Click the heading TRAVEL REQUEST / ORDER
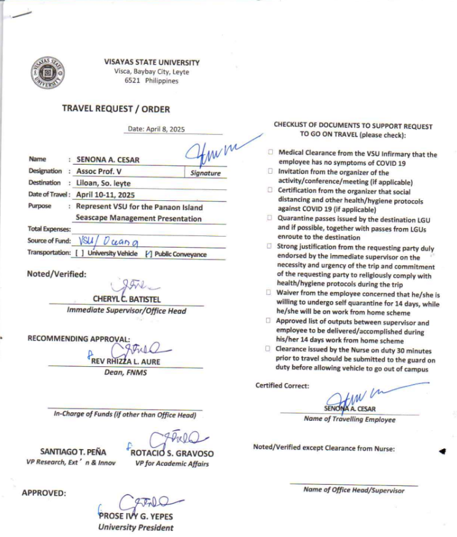[x=116, y=109]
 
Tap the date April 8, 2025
[x=156, y=130]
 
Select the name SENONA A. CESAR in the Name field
[x=108, y=160]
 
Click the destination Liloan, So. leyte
[x=103, y=183]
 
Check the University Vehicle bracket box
[x=80, y=253]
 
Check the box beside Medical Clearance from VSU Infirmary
[x=270, y=151]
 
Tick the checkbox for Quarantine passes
[x=270, y=218]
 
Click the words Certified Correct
[x=283, y=385]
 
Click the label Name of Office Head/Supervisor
[x=354, y=490]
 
